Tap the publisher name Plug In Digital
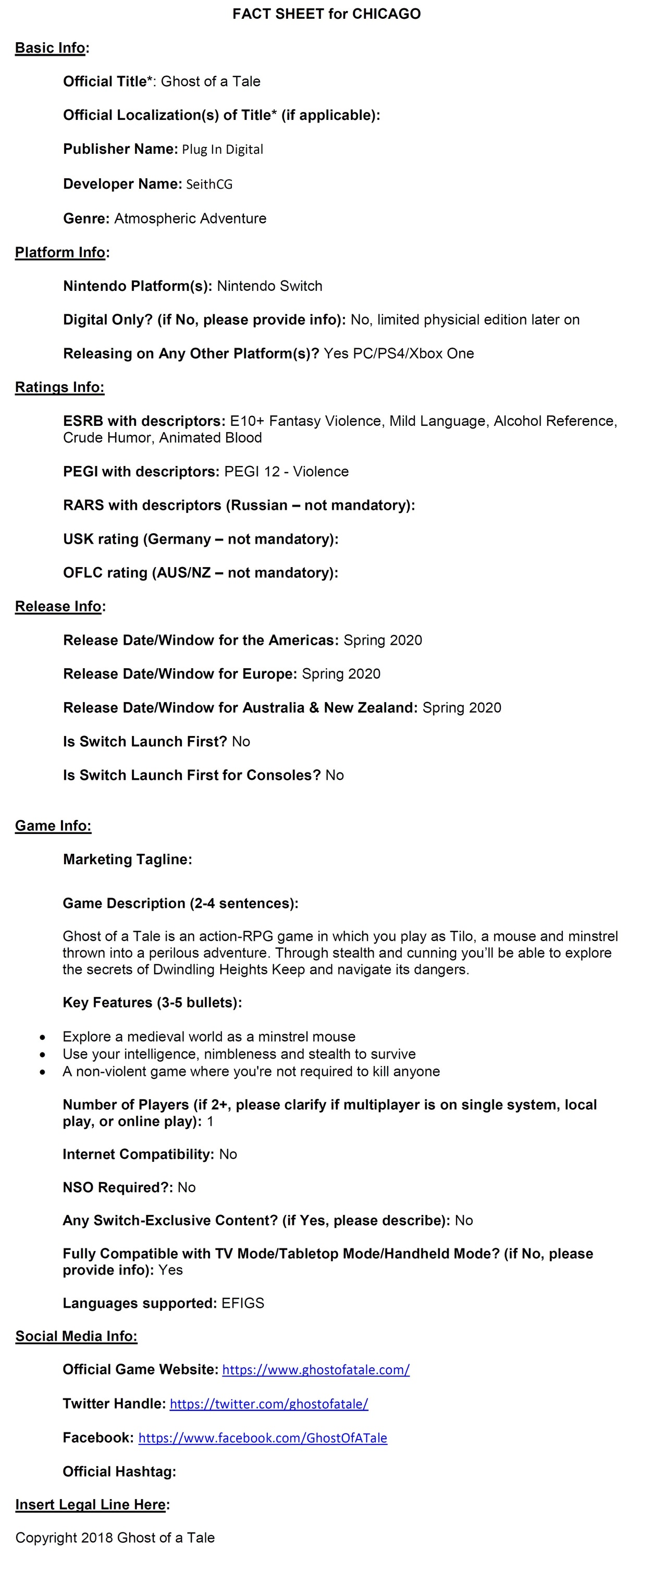223,149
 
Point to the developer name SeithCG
210,185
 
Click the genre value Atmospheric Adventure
190,219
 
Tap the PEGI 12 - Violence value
286,471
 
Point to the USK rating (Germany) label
200,539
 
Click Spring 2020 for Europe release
341,674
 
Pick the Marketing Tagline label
127,860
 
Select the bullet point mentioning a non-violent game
251,1072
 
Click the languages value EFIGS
243,1304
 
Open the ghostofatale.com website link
316,1370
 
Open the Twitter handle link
269,1404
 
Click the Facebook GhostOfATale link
263,1438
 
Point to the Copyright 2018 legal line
115,1538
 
